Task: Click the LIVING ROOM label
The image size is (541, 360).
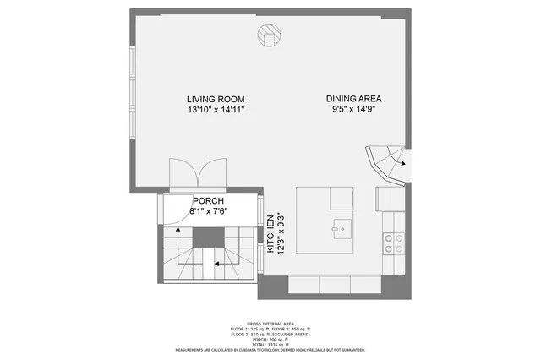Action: (x=216, y=97)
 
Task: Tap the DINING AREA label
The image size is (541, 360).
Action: (x=356, y=97)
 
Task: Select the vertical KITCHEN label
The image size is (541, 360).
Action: (x=270, y=235)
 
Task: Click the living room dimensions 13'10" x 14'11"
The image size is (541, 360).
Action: (x=216, y=110)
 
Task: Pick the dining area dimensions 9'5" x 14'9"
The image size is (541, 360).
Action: (x=356, y=109)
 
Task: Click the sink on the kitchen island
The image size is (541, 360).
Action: (x=341, y=226)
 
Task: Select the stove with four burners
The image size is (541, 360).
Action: (x=392, y=243)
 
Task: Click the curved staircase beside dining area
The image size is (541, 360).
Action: (x=385, y=162)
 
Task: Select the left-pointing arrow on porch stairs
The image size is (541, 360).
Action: (x=216, y=264)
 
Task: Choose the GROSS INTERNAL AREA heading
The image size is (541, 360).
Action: (x=270, y=323)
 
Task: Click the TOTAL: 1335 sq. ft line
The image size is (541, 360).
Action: (x=270, y=344)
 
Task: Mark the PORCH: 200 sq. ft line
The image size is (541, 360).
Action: (x=270, y=339)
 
